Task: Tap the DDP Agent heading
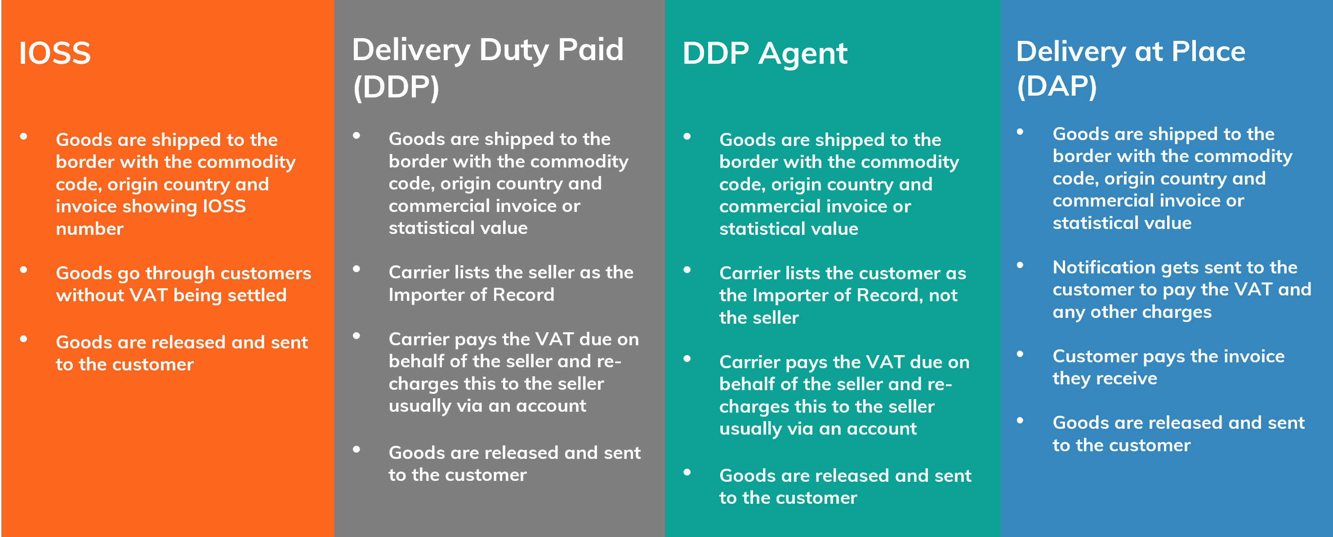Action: tap(765, 54)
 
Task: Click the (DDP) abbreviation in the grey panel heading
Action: tap(396, 87)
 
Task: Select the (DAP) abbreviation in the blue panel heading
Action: tap(1057, 86)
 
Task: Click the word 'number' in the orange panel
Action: tap(89, 229)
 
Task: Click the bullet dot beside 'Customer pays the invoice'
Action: tap(1020, 354)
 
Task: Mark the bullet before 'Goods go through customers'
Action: tap(23, 270)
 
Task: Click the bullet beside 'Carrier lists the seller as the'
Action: tap(356, 269)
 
